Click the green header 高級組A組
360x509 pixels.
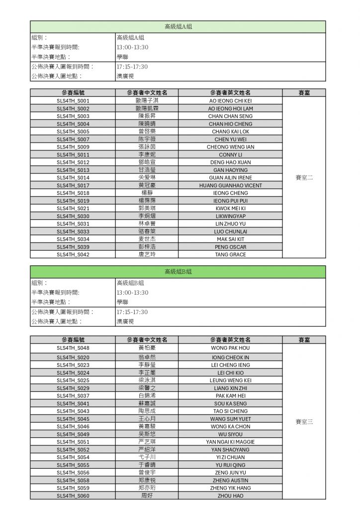[178, 27]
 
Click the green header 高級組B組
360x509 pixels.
[178, 272]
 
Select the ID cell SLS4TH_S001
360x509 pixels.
[73, 100]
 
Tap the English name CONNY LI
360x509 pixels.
[230, 155]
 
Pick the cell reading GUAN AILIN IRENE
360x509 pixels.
[230, 177]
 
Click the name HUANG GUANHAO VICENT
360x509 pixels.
[230, 185]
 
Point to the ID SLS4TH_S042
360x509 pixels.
[73, 254]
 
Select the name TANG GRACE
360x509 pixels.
[230, 254]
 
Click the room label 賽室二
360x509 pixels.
[304, 177]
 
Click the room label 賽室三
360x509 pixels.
[304, 422]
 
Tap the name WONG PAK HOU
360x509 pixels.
[230, 348]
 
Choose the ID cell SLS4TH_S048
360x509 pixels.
[73, 348]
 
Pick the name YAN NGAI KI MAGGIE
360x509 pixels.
[230, 442]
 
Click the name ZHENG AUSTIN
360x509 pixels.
[230, 480]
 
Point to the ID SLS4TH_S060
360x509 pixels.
[73, 496]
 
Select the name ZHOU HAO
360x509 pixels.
[230, 496]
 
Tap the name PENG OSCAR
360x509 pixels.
[230, 247]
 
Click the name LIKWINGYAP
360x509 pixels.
[230, 216]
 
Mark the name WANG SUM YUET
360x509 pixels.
[230, 419]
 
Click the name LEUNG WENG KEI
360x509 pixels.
[230, 380]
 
